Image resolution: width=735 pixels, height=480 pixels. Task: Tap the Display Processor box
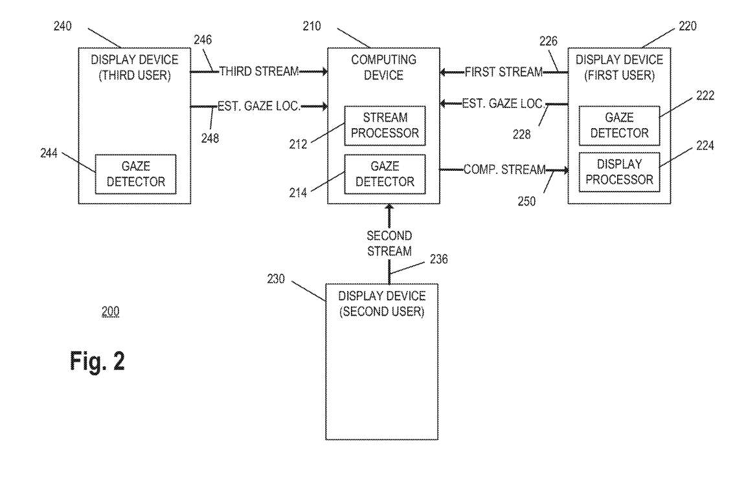click(619, 171)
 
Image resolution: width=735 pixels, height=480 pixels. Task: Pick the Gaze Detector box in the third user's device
click(136, 174)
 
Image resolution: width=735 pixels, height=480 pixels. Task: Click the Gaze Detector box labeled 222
click(619, 125)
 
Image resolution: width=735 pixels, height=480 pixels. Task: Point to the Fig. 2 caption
click(97, 361)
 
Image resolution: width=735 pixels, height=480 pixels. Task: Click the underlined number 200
click(110, 312)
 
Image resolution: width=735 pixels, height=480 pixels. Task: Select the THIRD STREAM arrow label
click(259, 71)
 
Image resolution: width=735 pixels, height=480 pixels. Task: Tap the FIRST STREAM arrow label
click(504, 72)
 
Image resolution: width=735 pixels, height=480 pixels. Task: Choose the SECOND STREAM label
click(389, 243)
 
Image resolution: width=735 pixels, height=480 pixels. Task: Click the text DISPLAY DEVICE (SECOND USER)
click(383, 303)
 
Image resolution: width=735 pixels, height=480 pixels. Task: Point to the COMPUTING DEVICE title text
click(384, 67)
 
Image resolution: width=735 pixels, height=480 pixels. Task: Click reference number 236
click(438, 258)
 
